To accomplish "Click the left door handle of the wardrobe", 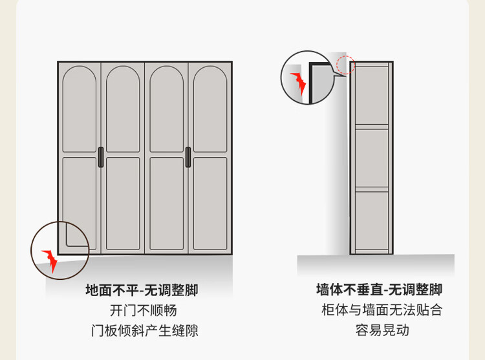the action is pyautogui.click(x=101, y=157).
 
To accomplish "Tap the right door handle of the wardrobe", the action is pyautogui.click(x=188, y=157).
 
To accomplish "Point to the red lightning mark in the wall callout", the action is pyautogui.click(x=299, y=83).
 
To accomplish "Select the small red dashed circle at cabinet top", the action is pyautogui.click(x=346, y=65).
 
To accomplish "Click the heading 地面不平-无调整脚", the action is pyautogui.click(x=142, y=290).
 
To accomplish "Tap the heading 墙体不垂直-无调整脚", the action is pyautogui.click(x=379, y=290).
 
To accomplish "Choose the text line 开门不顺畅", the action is pyautogui.click(x=143, y=310).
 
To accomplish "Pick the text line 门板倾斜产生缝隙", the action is pyautogui.click(x=144, y=330).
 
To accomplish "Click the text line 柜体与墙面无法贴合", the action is pyautogui.click(x=382, y=310).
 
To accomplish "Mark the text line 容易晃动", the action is pyautogui.click(x=382, y=330).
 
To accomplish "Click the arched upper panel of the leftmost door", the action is pyautogui.click(x=80, y=109).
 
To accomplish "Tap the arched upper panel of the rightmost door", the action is pyautogui.click(x=210, y=109).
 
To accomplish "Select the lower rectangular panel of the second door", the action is pyautogui.click(x=123, y=204).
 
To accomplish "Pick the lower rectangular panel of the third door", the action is pyautogui.click(x=167, y=204).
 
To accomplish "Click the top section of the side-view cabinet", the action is pyautogui.click(x=371, y=96).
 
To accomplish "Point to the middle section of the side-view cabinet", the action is pyautogui.click(x=371, y=158).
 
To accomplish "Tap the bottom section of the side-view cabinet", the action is pyautogui.click(x=371, y=220).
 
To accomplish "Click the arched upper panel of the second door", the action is pyautogui.click(x=123, y=109).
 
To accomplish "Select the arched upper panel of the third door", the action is pyautogui.click(x=167, y=109).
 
